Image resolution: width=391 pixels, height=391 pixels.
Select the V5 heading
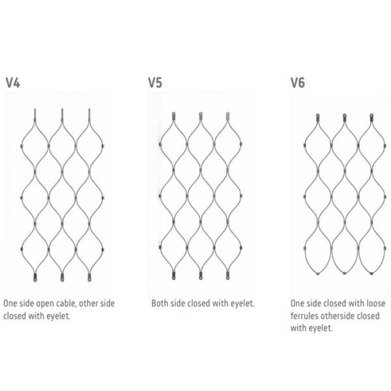(155, 83)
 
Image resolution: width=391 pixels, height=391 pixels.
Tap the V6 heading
(298, 83)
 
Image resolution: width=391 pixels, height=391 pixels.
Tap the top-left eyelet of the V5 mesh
(174, 117)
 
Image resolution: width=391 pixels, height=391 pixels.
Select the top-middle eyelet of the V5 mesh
(201, 117)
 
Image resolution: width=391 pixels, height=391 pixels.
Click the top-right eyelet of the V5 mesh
(228, 117)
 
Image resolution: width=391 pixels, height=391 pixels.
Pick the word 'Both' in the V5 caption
(160, 304)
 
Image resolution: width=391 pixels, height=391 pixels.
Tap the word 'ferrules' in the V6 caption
(306, 316)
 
